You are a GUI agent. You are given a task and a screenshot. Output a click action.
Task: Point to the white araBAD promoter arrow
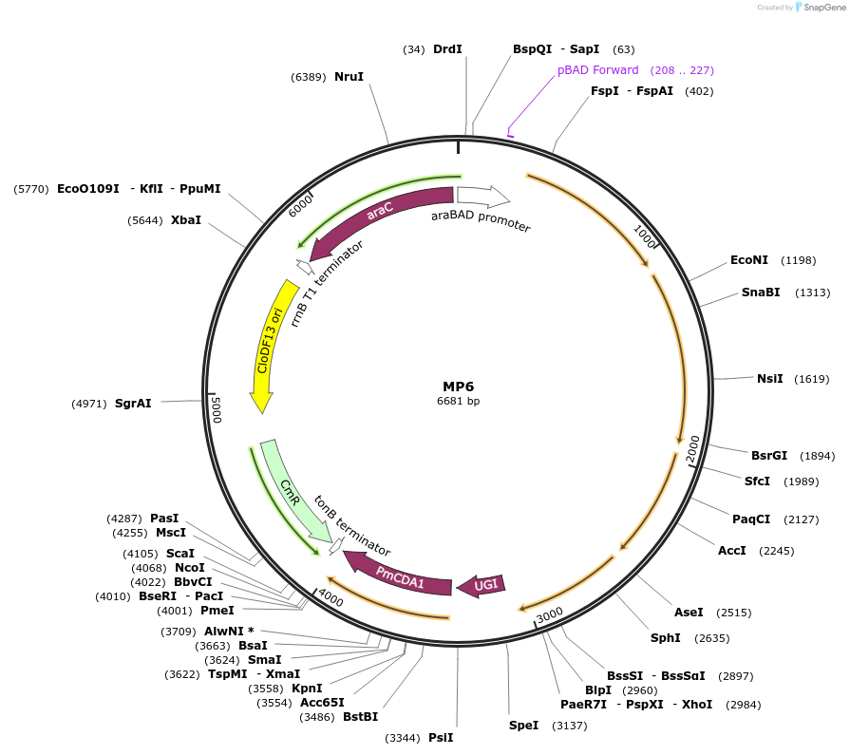482,196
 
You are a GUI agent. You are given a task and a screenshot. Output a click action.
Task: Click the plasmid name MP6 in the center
458,387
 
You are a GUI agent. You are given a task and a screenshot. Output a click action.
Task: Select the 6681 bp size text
458,402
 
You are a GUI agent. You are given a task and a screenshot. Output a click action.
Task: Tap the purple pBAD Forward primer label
597,70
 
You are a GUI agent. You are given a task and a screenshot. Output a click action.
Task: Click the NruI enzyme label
349,76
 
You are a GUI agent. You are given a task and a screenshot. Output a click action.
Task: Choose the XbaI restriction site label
186,220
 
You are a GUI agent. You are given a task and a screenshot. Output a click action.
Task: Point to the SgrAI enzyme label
133,404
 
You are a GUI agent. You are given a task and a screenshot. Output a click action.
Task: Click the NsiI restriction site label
769,378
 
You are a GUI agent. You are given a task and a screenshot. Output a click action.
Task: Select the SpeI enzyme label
523,726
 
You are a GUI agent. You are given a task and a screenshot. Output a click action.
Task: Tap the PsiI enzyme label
441,737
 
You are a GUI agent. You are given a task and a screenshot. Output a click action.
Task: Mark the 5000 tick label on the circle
217,409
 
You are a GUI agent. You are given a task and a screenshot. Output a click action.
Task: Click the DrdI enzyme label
447,48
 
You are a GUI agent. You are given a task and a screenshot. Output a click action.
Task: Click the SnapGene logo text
822,8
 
